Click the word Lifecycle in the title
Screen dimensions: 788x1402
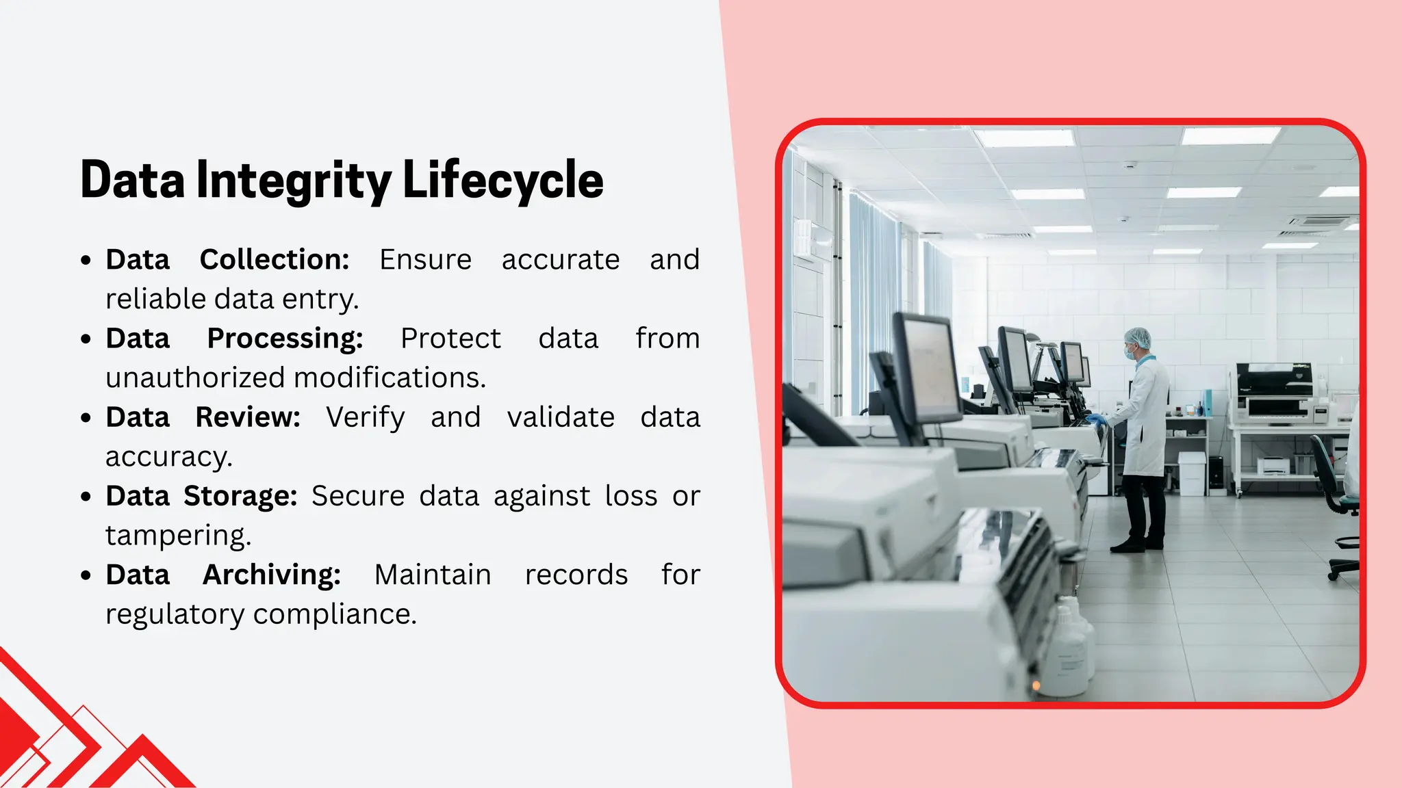(x=502, y=180)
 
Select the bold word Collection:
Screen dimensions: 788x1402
(x=275, y=260)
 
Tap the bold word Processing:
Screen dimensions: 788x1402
(x=285, y=339)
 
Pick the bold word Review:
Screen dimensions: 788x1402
(x=248, y=417)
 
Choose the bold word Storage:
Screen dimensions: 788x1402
(x=240, y=496)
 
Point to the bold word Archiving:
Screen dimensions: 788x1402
(x=272, y=575)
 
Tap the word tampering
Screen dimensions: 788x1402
(x=178, y=536)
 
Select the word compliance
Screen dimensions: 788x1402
(x=335, y=614)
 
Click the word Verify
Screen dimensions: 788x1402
(x=365, y=417)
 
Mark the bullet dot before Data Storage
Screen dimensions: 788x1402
(x=86, y=497)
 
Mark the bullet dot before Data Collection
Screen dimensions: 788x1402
(x=86, y=261)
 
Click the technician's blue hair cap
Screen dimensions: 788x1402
(x=1138, y=337)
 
